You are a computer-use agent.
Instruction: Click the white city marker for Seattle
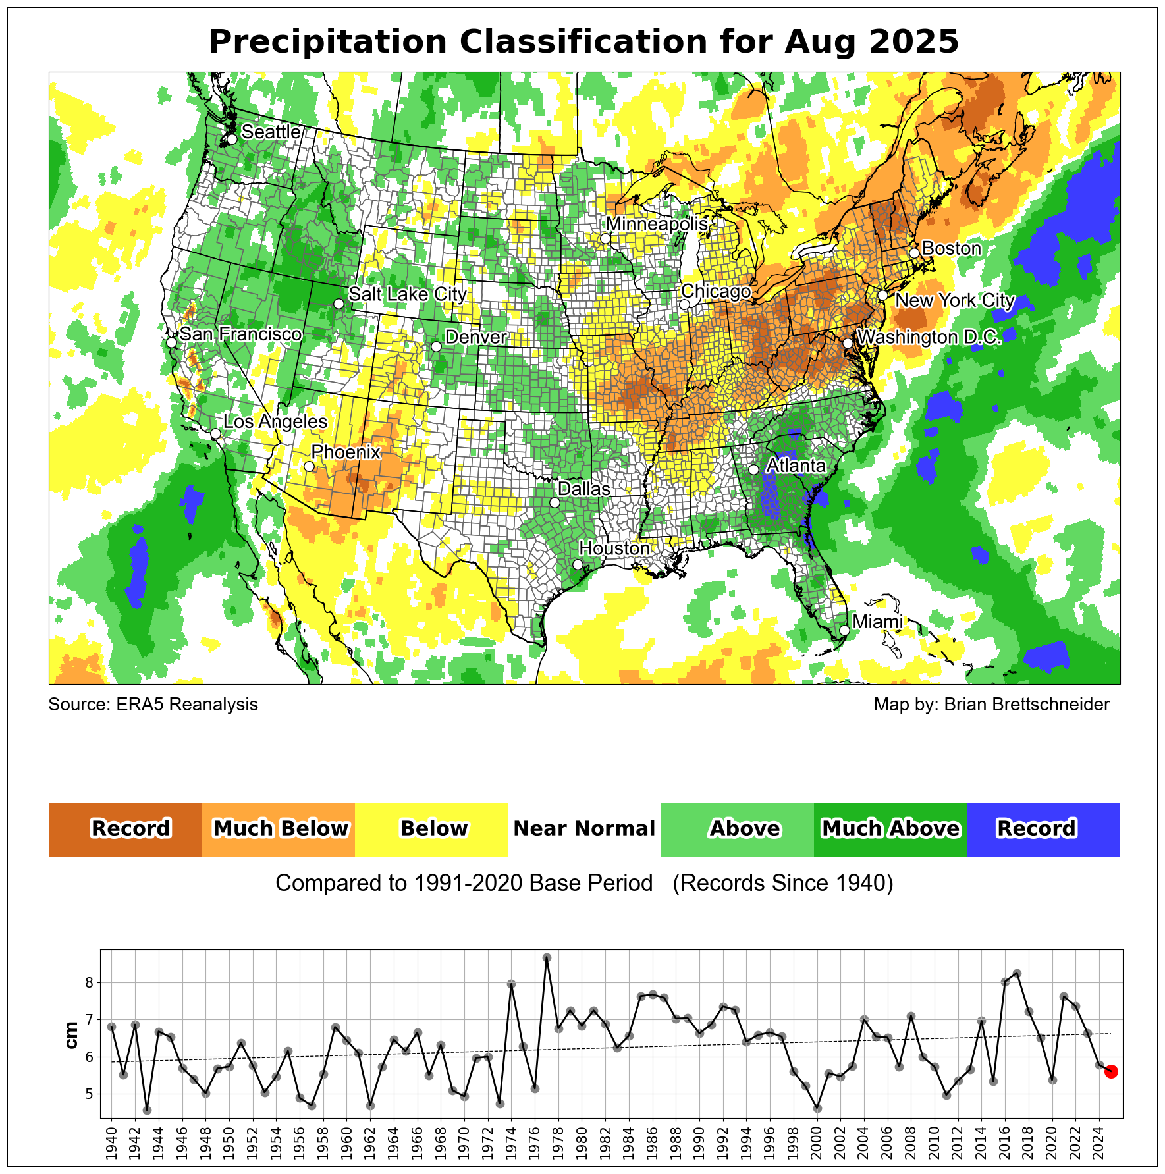tap(232, 139)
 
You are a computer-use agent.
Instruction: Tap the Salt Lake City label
tap(407, 294)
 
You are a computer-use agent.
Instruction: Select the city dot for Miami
tap(844, 630)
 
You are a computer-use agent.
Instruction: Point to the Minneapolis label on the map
tap(657, 224)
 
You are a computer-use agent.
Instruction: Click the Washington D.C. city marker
tap(848, 343)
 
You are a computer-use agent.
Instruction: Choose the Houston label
tap(614, 548)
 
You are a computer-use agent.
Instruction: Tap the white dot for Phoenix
tap(309, 466)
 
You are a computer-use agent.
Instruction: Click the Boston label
tap(951, 248)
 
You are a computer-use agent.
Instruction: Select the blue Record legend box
tap(1043, 829)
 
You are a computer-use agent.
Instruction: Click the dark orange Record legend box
tap(125, 829)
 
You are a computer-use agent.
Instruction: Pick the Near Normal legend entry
tap(584, 829)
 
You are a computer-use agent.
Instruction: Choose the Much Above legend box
tap(890, 829)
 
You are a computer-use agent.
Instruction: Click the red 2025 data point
tap(1110, 1071)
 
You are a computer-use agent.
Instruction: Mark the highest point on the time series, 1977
tap(547, 957)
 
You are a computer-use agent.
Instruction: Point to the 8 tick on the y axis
tap(90, 983)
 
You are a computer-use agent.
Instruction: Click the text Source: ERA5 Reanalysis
tap(153, 705)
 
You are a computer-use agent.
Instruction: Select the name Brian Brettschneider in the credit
tap(1026, 705)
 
